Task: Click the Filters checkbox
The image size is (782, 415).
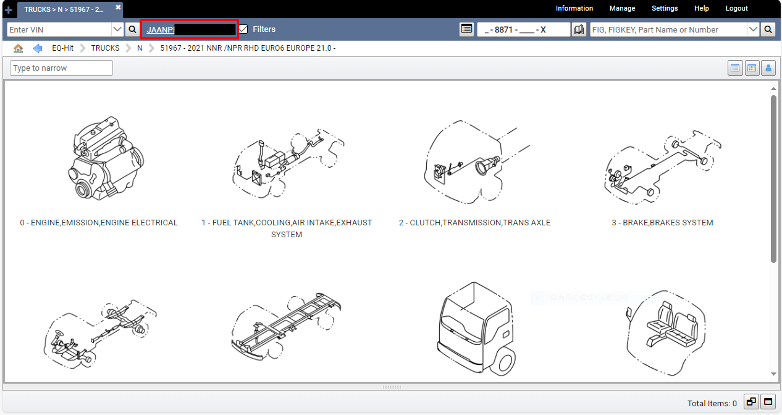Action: pos(243,29)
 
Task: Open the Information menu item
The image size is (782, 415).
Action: pos(574,8)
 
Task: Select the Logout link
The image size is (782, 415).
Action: pos(736,8)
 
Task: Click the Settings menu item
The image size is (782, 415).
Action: pos(664,8)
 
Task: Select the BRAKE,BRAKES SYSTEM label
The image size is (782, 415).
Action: pos(662,223)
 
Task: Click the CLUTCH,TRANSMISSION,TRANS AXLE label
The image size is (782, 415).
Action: pos(474,223)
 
